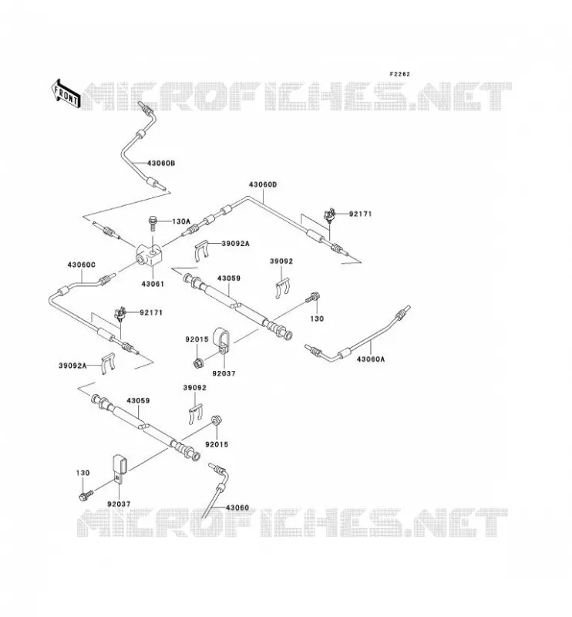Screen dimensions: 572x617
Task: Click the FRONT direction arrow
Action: click(x=66, y=93)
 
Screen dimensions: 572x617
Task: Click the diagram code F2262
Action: click(x=399, y=74)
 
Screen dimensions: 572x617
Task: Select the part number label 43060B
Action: click(x=161, y=163)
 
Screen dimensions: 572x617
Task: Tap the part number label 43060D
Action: click(x=262, y=184)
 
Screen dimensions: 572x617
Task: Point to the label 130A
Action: click(x=181, y=221)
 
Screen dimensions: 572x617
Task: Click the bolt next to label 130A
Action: click(x=153, y=224)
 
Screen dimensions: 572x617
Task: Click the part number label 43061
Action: click(x=153, y=284)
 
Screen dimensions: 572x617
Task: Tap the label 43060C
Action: click(x=82, y=265)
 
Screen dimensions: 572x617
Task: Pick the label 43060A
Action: click(x=371, y=359)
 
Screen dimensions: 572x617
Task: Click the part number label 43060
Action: click(x=237, y=507)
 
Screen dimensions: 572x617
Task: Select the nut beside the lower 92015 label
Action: click(x=216, y=420)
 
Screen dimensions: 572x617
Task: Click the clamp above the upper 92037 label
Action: click(x=220, y=341)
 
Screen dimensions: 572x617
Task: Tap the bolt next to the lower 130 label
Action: click(x=86, y=495)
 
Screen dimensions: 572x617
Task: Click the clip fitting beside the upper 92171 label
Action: click(x=329, y=215)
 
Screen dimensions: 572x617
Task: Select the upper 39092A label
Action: click(x=235, y=244)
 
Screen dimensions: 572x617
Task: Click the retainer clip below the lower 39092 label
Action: click(x=196, y=414)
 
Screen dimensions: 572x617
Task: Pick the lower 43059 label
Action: click(x=138, y=400)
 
